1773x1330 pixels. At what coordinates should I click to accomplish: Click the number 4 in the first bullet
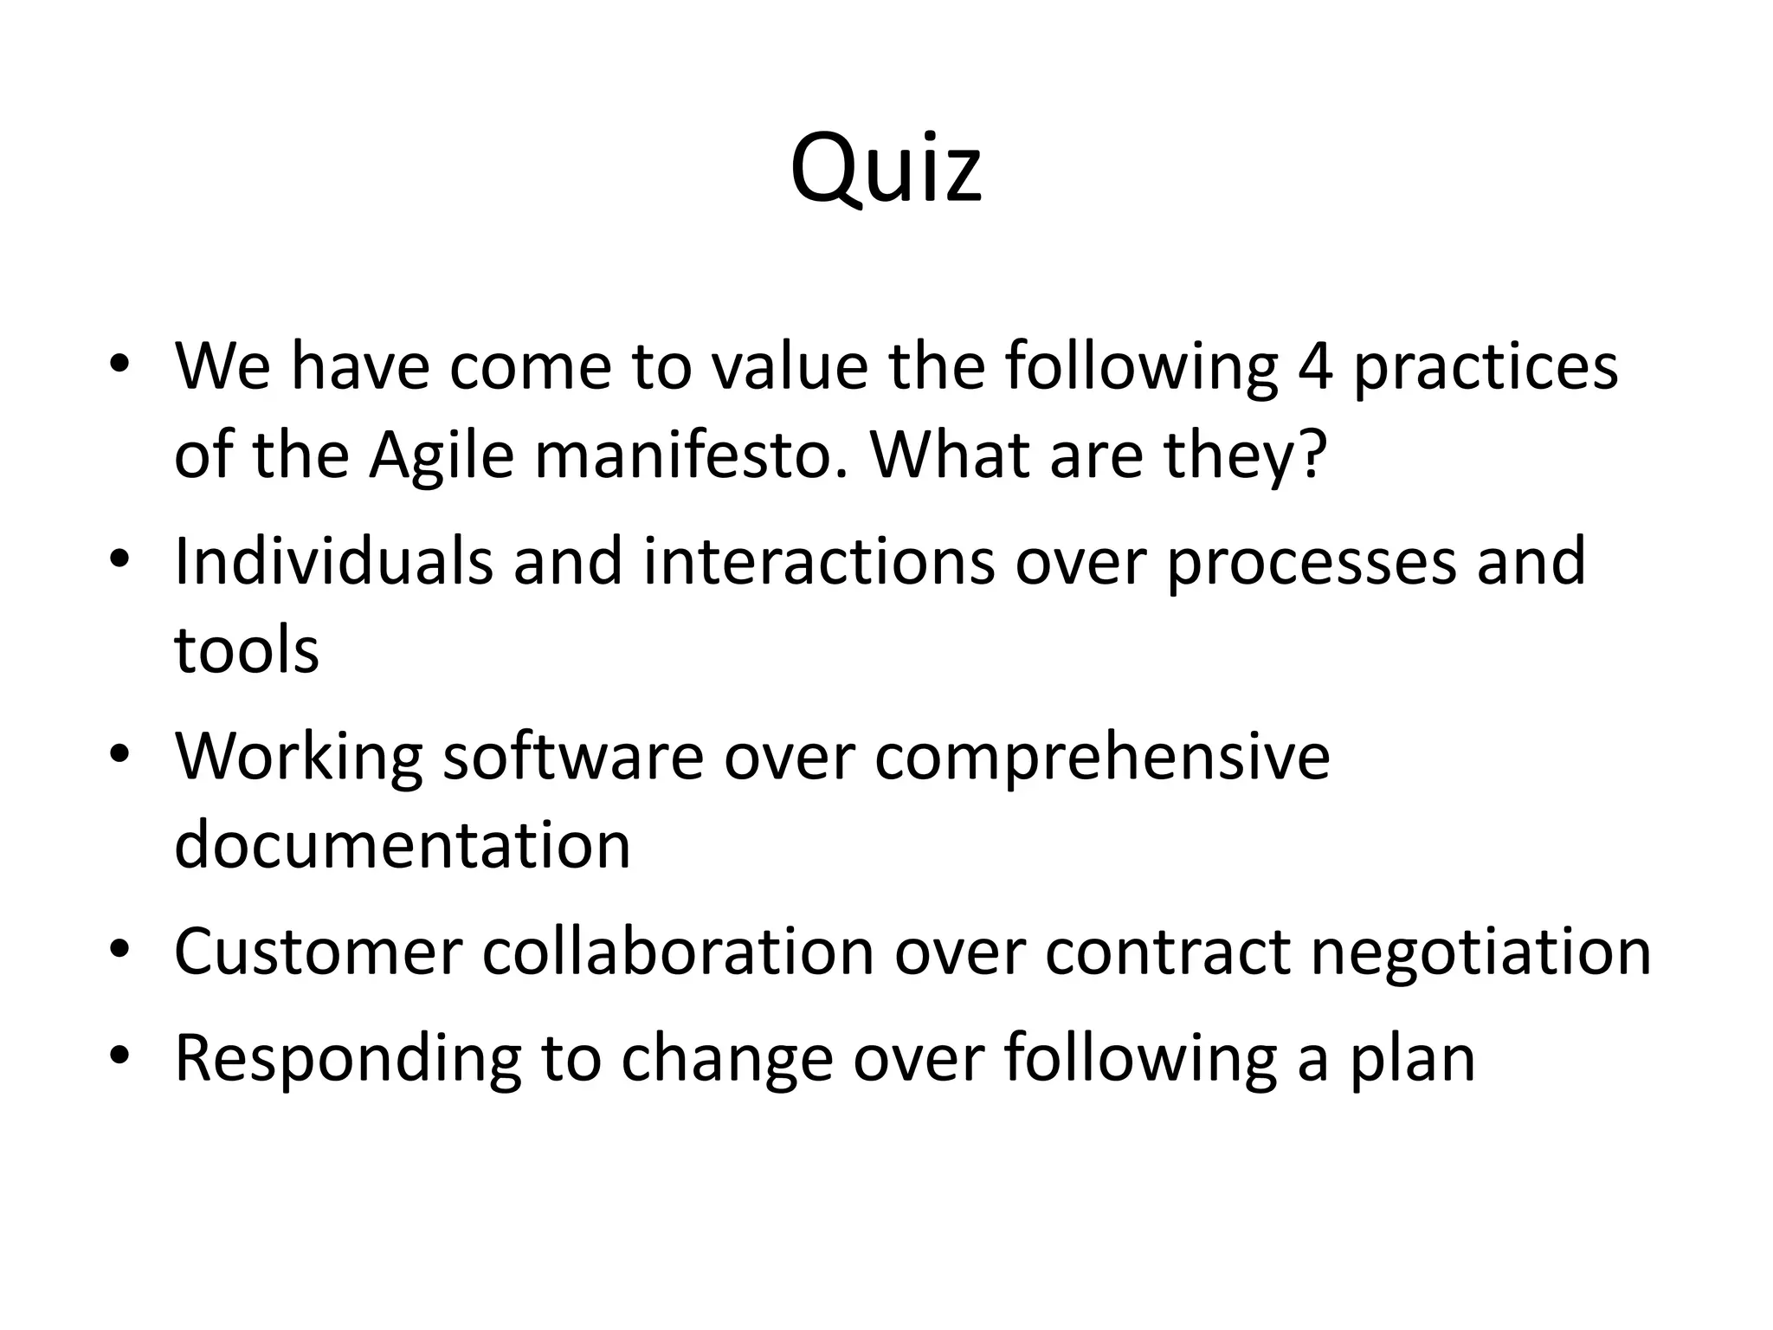1315,365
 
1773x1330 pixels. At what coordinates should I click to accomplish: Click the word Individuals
334,561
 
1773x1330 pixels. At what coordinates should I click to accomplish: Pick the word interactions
819,561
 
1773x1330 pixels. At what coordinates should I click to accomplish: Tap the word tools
247,649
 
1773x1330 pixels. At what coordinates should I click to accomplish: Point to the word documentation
403,844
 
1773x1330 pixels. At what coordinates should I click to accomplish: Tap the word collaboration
678,952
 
